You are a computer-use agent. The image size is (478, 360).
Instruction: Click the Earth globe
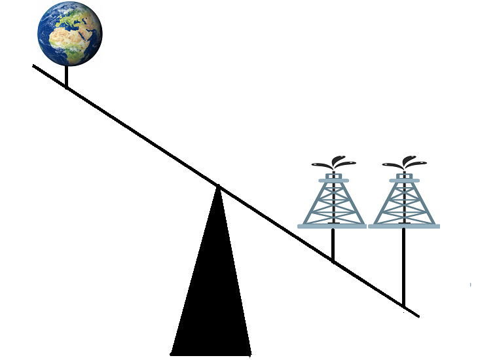(x=69, y=33)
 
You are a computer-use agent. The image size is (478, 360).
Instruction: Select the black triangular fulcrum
(x=211, y=288)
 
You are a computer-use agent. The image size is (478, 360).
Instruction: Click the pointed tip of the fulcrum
(x=217, y=188)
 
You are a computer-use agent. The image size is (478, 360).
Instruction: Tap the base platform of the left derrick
(x=333, y=226)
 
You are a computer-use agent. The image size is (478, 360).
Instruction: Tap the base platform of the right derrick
(x=403, y=226)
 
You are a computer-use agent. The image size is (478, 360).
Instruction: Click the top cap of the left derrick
(x=333, y=179)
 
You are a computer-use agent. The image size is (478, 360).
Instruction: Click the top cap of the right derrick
(x=403, y=179)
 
